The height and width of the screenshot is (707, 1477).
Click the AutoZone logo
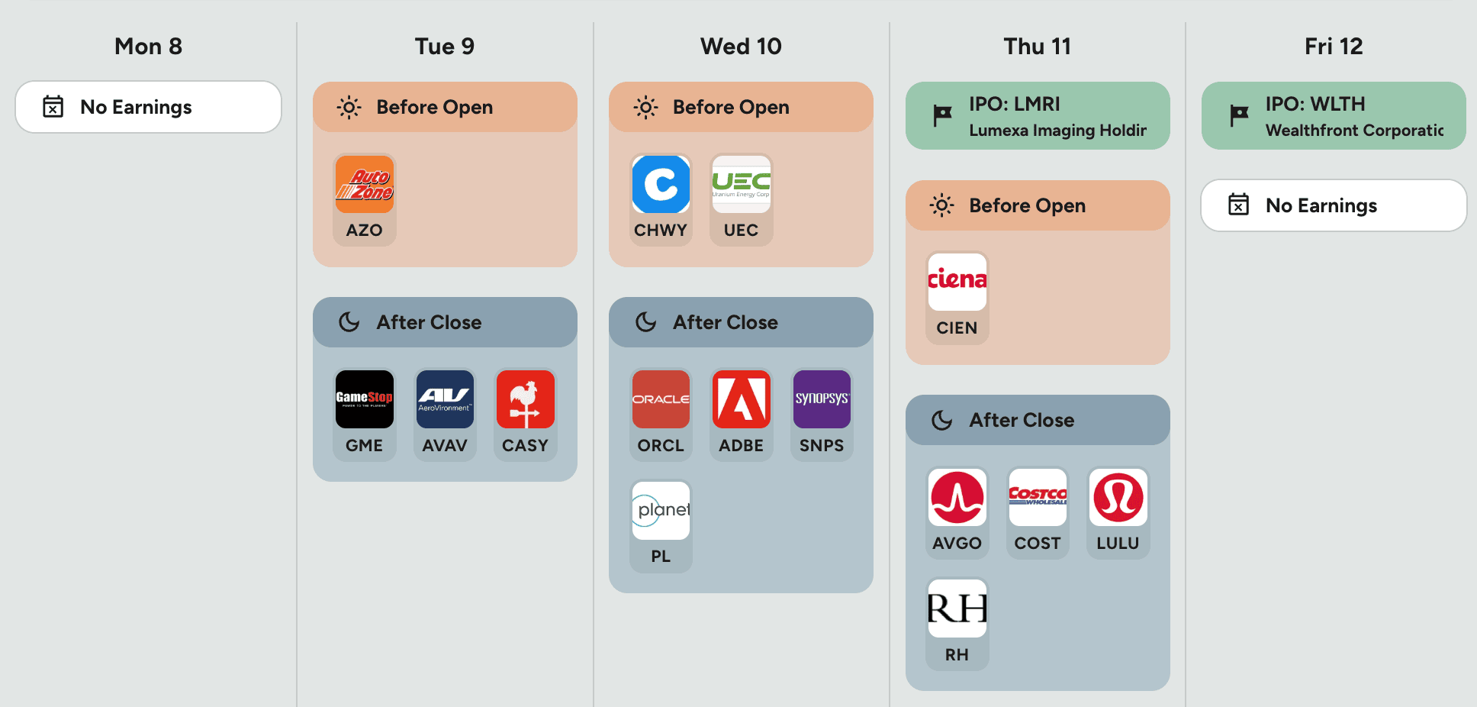[x=364, y=184]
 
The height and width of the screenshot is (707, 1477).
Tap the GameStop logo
[x=364, y=399]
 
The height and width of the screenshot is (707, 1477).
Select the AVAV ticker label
[x=445, y=445]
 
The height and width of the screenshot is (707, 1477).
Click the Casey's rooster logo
[x=525, y=399]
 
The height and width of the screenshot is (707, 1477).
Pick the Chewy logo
[x=661, y=184]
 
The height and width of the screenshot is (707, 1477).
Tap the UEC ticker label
[x=741, y=230]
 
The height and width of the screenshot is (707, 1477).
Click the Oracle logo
[x=661, y=399]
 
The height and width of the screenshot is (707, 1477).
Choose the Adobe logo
[x=741, y=399]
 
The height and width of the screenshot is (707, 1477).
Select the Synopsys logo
[x=822, y=399]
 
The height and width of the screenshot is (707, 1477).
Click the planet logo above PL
[x=661, y=510]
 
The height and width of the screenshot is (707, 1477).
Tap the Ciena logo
[x=957, y=282]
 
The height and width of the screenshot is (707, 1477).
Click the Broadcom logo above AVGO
[x=957, y=497]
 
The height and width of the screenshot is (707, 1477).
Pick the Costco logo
[x=1038, y=497]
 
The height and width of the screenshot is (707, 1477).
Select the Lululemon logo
[x=1118, y=497]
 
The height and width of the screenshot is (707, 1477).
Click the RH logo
[x=957, y=609]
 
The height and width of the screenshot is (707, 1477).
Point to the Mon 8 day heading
[x=148, y=47]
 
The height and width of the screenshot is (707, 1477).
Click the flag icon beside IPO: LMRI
[x=942, y=115]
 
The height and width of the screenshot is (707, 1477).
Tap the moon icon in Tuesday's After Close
[x=349, y=322]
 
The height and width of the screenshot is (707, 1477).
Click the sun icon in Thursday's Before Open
[x=942, y=205]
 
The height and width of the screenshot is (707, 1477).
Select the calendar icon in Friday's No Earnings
[x=1238, y=205]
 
